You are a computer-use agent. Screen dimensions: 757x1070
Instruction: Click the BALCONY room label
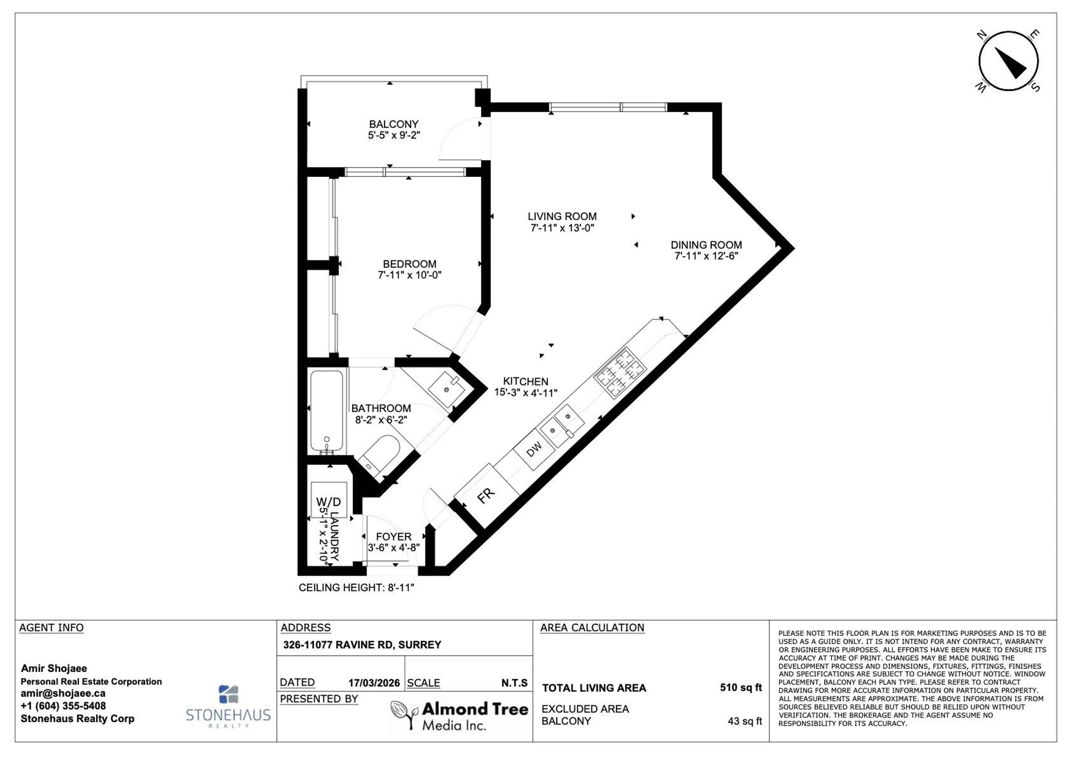pos(394,124)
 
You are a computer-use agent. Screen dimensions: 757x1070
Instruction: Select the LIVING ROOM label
pos(562,216)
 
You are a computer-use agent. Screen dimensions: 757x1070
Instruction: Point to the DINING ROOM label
pos(706,245)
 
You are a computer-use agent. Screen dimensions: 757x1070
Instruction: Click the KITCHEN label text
pos(526,381)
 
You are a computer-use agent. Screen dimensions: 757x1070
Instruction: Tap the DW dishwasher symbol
pos(534,449)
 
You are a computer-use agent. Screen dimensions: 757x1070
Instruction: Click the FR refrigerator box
pos(486,496)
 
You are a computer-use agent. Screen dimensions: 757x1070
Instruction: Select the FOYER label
pos(394,537)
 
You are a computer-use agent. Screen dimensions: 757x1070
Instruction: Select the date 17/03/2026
pos(374,683)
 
